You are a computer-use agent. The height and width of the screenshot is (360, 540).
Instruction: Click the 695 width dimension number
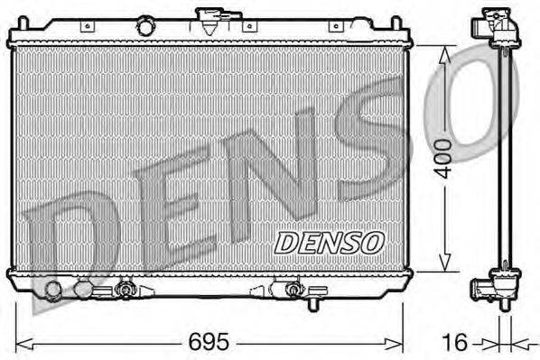click(209, 343)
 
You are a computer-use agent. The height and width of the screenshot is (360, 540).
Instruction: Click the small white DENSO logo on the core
click(329, 242)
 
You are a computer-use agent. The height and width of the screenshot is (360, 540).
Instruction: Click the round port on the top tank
click(144, 27)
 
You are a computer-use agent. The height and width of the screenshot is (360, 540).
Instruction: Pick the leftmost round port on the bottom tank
click(54, 291)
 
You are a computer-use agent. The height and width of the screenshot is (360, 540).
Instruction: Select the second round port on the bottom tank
click(83, 291)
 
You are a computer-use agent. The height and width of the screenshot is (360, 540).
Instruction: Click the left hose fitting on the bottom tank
click(125, 291)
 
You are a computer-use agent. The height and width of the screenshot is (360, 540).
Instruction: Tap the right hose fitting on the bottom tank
click(292, 291)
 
